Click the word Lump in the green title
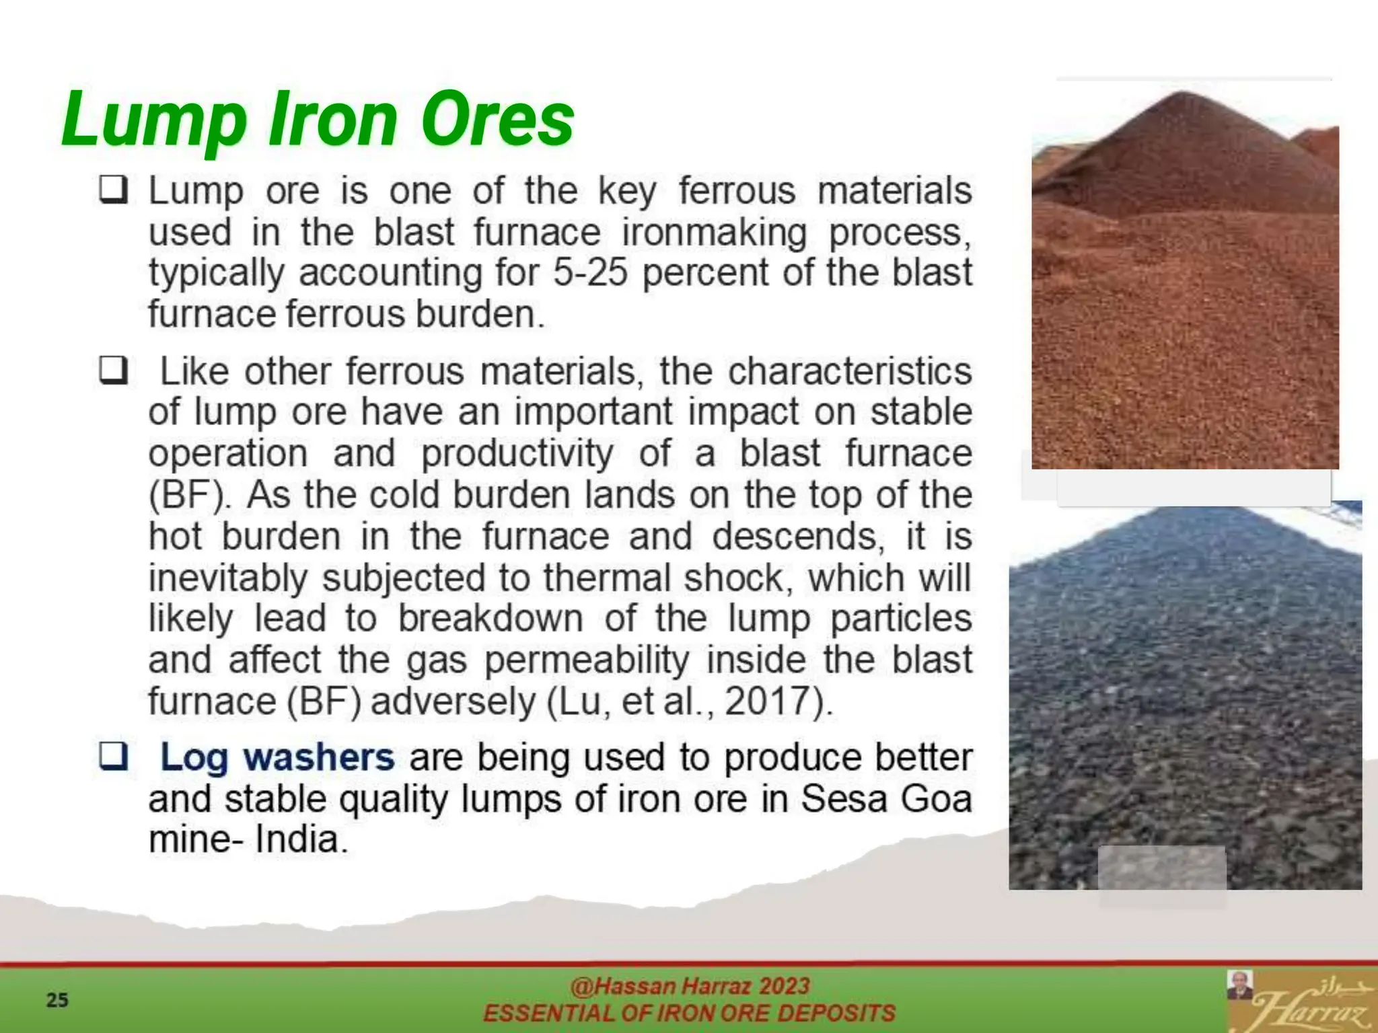(x=153, y=121)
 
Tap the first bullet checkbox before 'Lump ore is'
(x=114, y=190)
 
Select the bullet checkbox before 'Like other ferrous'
(x=114, y=370)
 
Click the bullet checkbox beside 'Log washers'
(x=114, y=756)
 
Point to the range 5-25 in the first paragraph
(x=590, y=273)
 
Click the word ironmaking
(x=714, y=233)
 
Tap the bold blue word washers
(x=318, y=757)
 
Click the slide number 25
(x=57, y=1000)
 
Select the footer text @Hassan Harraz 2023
(x=689, y=986)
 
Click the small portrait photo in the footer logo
(x=1239, y=985)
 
